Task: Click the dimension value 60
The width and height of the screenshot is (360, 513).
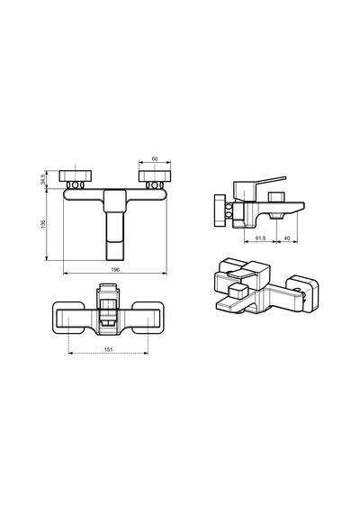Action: tap(155, 158)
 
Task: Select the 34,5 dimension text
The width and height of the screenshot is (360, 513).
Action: tap(42, 180)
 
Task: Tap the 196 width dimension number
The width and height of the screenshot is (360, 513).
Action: tap(115, 270)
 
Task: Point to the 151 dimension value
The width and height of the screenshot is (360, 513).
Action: tap(108, 349)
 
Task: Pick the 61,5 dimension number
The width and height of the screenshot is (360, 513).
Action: tap(260, 238)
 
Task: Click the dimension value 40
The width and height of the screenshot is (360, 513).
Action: tap(287, 238)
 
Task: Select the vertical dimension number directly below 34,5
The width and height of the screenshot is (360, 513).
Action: tap(42, 224)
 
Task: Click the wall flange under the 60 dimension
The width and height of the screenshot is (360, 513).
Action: tap(155, 176)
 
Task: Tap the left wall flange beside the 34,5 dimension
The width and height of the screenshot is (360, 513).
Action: tap(76, 176)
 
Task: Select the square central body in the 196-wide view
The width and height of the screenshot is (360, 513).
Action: tap(115, 201)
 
